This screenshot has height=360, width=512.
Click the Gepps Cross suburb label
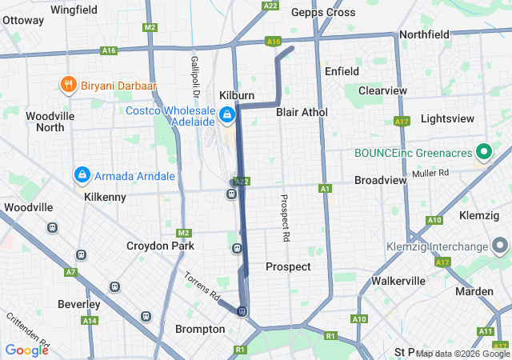tap(323, 12)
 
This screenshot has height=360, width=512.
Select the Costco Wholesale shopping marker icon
tap(228, 115)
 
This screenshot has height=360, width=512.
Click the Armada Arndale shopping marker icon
tap(82, 174)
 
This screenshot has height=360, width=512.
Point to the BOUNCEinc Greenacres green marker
tap(484, 151)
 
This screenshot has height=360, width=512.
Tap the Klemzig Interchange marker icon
tap(500, 246)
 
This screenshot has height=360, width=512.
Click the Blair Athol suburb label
tap(302, 112)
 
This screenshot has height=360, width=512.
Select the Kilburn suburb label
tap(234, 96)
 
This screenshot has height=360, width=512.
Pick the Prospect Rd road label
tap(283, 218)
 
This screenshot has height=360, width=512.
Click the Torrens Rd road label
tap(202, 286)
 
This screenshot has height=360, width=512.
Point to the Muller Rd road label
tap(431, 173)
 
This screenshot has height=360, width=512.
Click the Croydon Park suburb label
tap(160, 246)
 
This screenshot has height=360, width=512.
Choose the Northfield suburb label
tap(426, 35)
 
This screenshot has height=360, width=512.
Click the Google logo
tap(26, 350)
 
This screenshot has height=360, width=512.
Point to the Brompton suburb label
tap(199, 329)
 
